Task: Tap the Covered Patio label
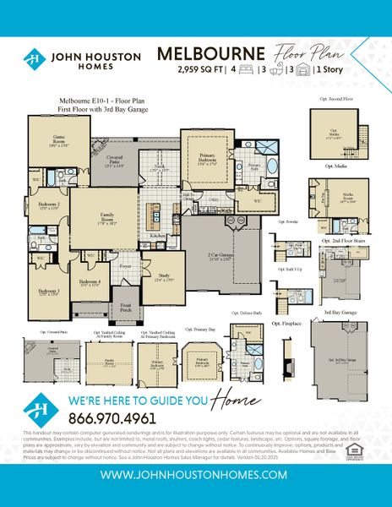click(114, 165)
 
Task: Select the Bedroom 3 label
click(48, 293)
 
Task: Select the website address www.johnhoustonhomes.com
click(196, 475)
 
